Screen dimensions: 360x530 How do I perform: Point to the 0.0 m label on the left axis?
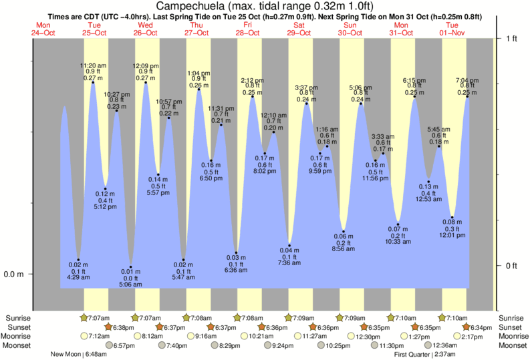click(x=15, y=274)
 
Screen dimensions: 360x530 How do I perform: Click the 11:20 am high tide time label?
click(x=92, y=65)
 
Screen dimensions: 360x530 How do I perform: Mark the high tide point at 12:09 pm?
click(x=146, y=82)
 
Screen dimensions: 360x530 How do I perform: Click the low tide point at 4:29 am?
click(x=79, y=260)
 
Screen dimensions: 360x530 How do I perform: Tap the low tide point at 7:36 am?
click(x=289, y=245)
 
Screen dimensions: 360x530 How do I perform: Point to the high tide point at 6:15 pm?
click(x=414, y=97)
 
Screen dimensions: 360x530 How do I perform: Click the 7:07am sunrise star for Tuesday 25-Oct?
click(x=84, y=318)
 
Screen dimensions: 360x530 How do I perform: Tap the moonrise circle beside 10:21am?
click(x=245, y=337)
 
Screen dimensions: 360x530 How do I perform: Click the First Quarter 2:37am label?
click(x=425, y=355)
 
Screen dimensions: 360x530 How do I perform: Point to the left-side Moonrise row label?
click(x=20, y=337)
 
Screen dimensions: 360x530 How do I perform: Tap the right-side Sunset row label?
click(x=511, y=327)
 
